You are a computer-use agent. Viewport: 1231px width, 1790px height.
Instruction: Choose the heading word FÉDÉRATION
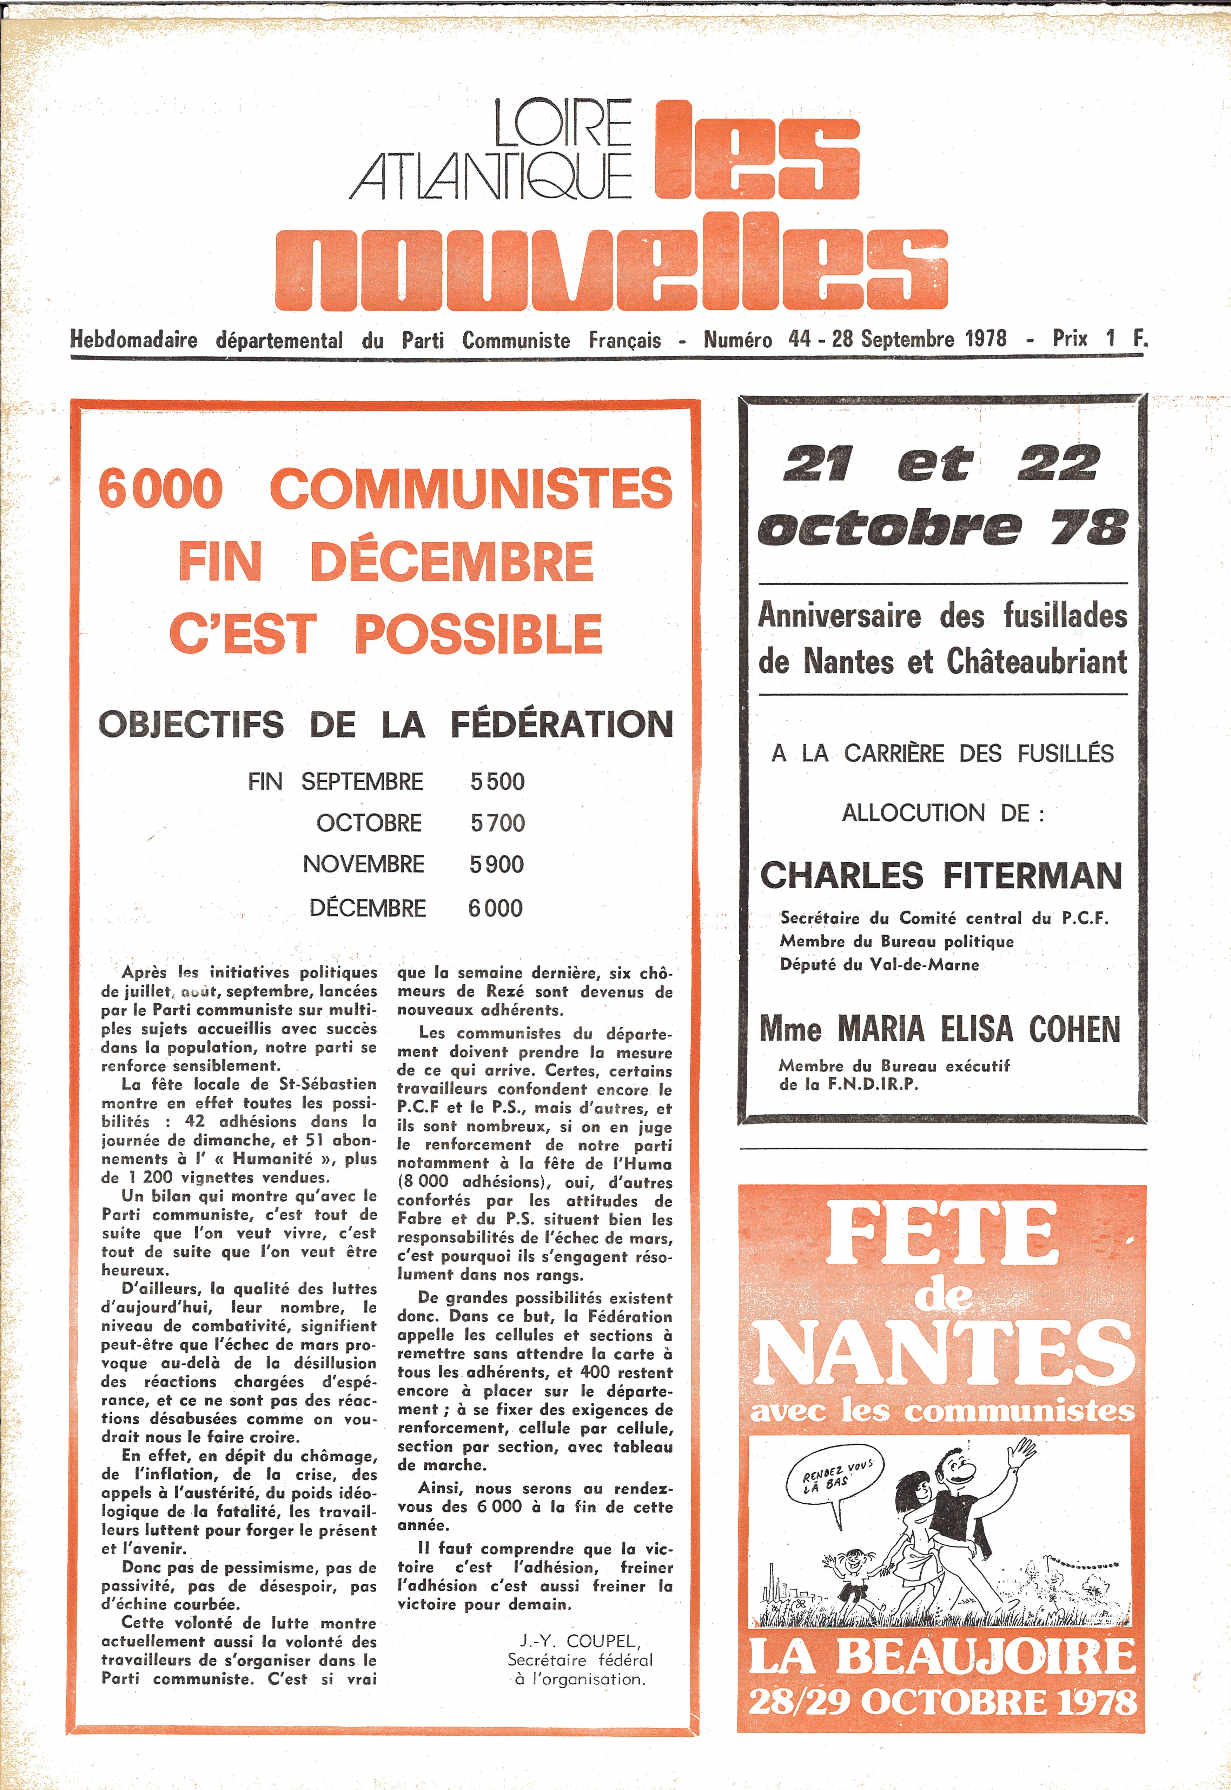562,724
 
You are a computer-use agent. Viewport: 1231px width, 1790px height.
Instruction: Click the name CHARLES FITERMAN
941,876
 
